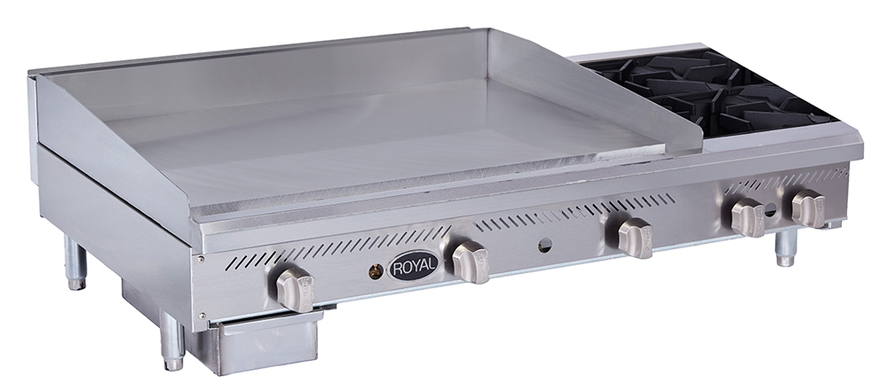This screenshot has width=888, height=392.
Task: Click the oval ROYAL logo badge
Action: [412, 264]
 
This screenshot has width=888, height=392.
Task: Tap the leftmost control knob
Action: [293, 287]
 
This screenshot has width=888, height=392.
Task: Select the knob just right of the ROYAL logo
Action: [470, 262]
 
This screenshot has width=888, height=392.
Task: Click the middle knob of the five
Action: [635, 238]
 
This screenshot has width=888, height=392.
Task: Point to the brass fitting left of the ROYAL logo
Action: [375, 272]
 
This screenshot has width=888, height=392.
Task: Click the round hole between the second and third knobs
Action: [545, 245]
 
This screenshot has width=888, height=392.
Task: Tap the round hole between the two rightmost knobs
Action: [770, 214]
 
